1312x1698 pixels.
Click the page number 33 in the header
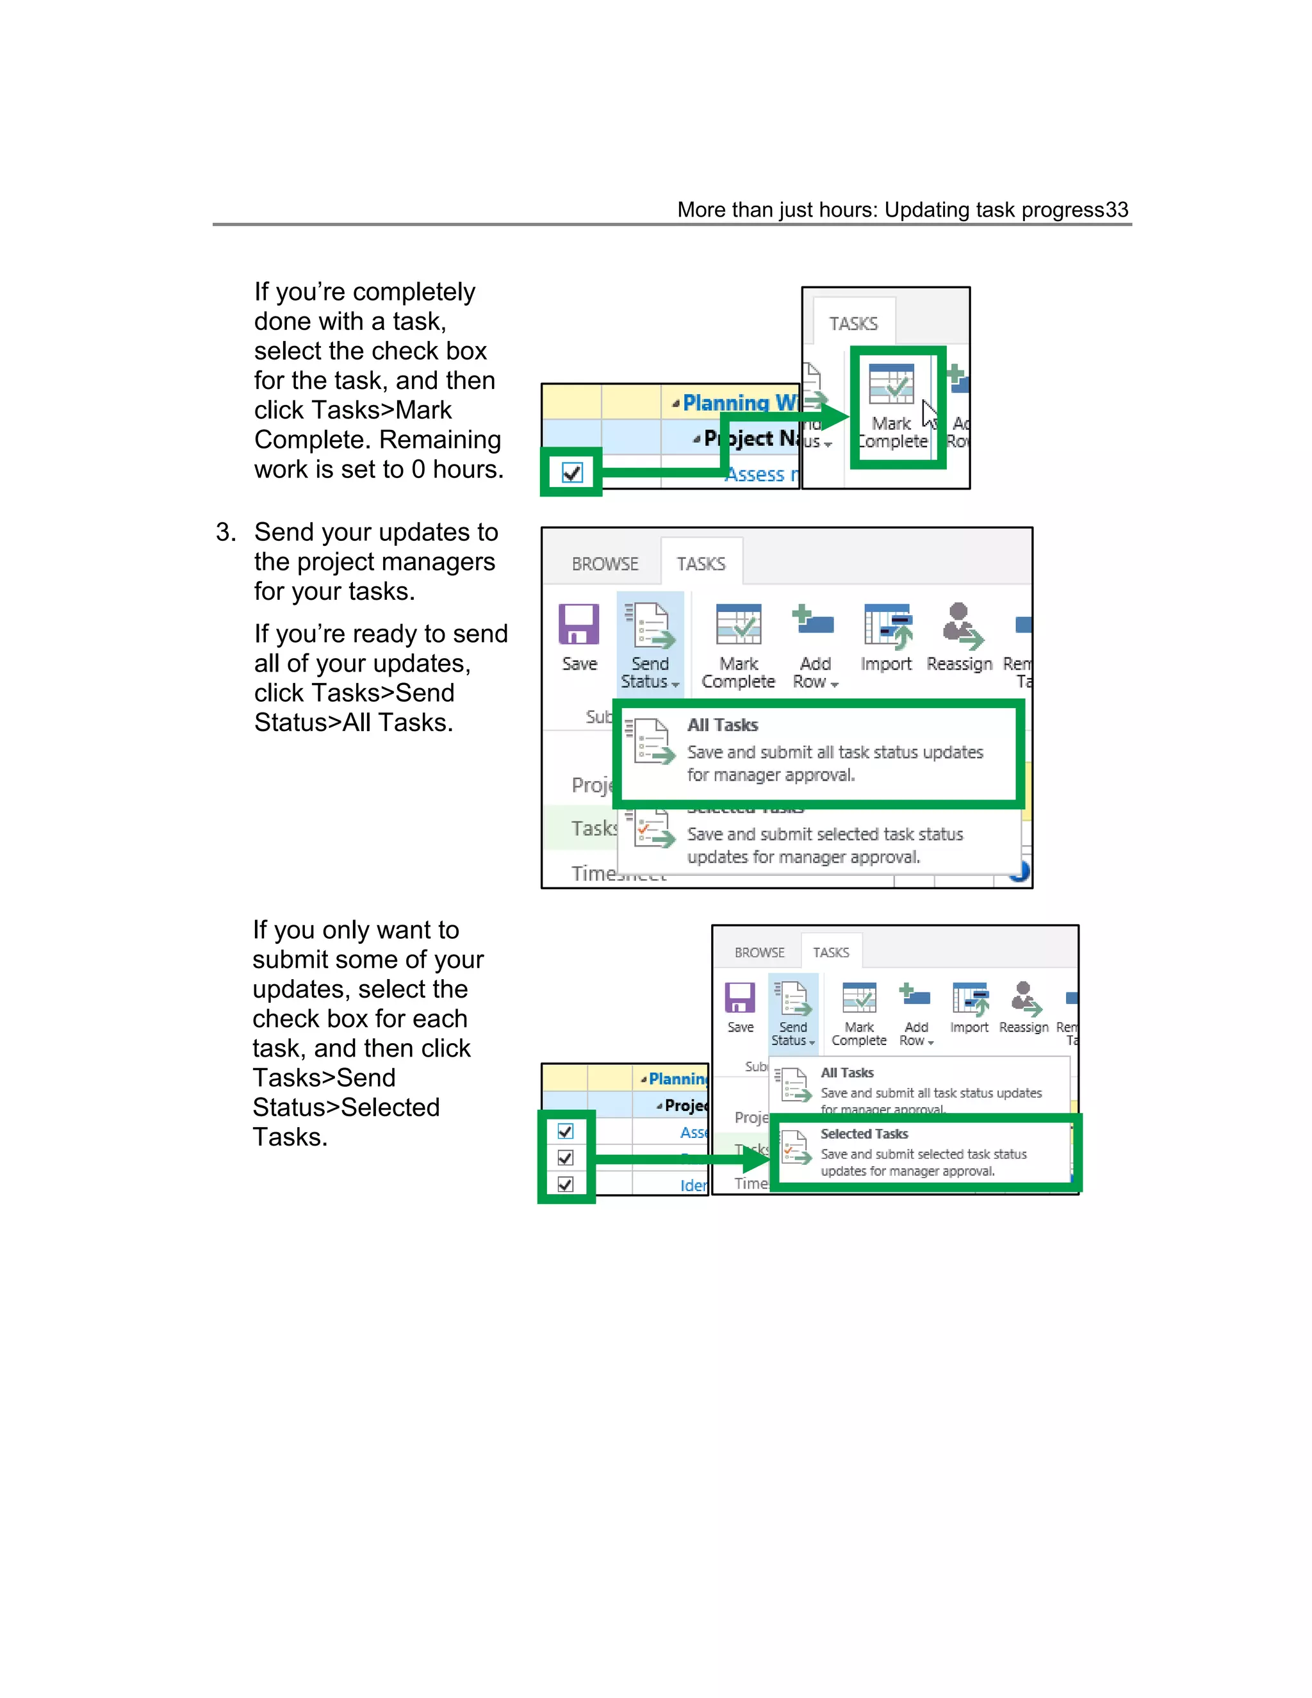(x=1116, y=210)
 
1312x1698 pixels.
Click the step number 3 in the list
(x=225, y=532)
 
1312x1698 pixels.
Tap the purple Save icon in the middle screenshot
(x=579, y=624)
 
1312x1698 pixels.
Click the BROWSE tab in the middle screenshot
(x=605, y=564)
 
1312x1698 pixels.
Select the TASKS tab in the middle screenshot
(x=701, y=564)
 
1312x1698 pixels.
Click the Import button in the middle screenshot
(x=886, y=638)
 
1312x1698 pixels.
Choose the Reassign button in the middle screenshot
(x=959, y=638)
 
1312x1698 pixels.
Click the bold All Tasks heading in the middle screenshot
(x=723, y=725)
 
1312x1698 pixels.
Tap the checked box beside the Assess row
(x=572, y=472)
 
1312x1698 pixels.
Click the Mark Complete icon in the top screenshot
(x=892, y=385)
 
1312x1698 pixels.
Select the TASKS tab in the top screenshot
(x=853, y=324)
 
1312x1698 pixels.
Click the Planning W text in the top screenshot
(x=739, y=403)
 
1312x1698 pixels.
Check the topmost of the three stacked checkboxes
(x=566, y=1131)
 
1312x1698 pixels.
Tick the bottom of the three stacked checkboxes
(x=566, y=1184)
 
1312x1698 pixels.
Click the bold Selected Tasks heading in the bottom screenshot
(x=864, y=1133)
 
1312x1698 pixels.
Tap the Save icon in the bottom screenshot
(x=740, y=998)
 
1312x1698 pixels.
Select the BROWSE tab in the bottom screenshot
(x=759, y=952)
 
